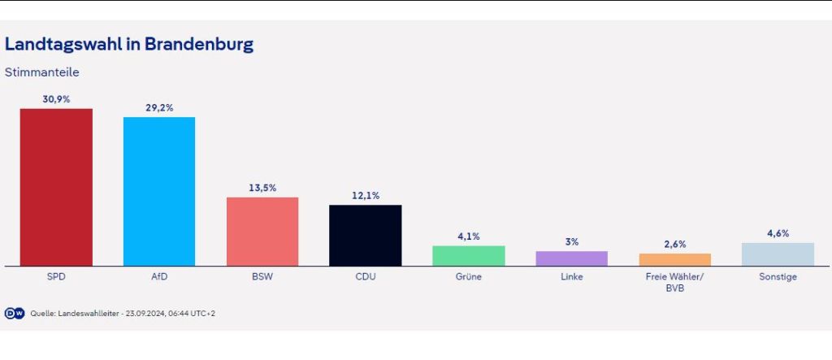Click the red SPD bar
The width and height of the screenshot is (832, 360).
pyautogui.click(x=56, y=187)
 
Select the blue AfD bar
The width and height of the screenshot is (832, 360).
pyautogui.click(x=159, y=191)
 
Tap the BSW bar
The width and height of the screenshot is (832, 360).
pyautogui.click(x=262, y=232)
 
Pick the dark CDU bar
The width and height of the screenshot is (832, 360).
pyautogui.click(x=365, y=235)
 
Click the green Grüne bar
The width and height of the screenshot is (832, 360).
pyautogui.click(x=469, y=256)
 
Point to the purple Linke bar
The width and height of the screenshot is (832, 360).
pyautogui.click(x=572, y=258)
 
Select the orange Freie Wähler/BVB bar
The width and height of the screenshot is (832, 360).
pyautogui.click(x=675, y=260)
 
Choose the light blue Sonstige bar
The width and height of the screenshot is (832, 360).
pyautogui.click(x=778, y=254)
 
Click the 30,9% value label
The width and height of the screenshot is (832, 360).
pyautogui.click(x=56, y=98)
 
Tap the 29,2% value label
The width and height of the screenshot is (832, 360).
pyautogui.click(x=159, y=107)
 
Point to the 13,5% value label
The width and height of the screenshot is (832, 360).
pyautogui.click(x=262, y=188)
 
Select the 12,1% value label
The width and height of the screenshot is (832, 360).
pyautogui.click(x=365, y=195)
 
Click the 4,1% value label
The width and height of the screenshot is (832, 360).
pyautogui.click(x=469, y=236)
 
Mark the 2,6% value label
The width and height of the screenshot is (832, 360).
pyautogui.click(x=675, y=244)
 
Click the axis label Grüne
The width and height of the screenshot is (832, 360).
pyautogui.click(x=469, y=277)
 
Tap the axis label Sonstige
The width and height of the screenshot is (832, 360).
pyautogui.click(x=778, y=277)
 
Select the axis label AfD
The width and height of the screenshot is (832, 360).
pyautogui.click(x=159, y=277)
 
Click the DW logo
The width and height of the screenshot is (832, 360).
pyautogui.click(x=15, y=313)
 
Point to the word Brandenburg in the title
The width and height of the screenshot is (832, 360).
pyautogui.click(x=199, y=44)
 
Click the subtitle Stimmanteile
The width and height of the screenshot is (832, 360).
pyautogui.click(x=41, y=72)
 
